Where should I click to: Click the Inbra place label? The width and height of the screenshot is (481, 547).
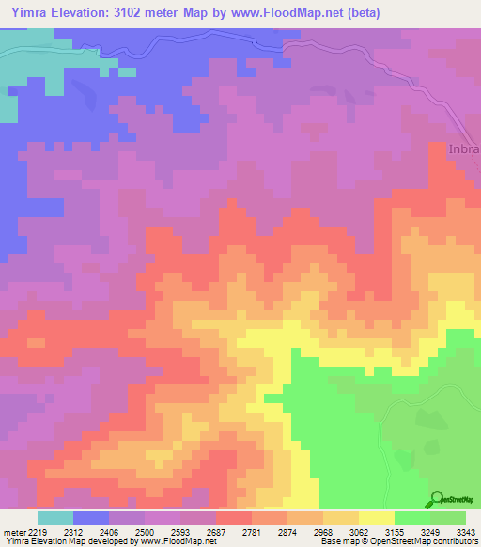pos(463,149)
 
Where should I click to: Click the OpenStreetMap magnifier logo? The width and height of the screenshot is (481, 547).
pos(439,499)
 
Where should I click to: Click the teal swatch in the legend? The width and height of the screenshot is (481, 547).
pos(54,518)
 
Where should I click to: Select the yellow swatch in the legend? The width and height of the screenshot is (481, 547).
pos(376,518)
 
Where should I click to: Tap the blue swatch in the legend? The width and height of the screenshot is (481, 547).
pos(90,518)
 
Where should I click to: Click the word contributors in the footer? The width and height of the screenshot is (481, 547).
pos(455,541)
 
